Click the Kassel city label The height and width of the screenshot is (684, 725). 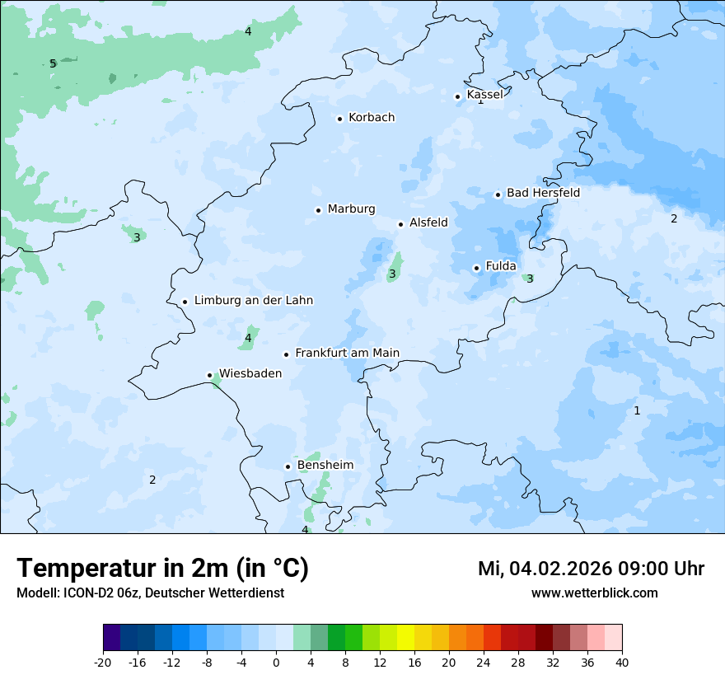click(x=484, y=95)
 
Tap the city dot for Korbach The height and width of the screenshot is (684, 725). click(x=339, y=119)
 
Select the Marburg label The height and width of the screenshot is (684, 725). click(x=351, y=209)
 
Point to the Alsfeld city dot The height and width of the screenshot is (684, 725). click(x=400, y=224)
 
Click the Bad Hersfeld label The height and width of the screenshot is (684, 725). click(x=543, y=193)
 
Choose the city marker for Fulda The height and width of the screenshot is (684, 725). click(x=476, y=268)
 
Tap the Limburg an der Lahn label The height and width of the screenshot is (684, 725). click(x=253, y=301)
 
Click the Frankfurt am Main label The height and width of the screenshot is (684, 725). click(x=347, y=353)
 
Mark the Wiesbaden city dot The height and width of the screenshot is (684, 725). click(x=210, y=376)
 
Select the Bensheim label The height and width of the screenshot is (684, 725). click(x=325, y=466)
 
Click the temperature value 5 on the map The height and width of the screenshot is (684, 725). click(x=53, y=63)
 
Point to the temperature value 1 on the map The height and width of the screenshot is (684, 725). click(x=637, y=410)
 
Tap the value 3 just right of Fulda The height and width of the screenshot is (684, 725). click(x=530, y=279)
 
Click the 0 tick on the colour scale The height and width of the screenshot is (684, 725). click(x=276, y=662)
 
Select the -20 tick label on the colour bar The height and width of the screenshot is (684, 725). click(x=103, y=662)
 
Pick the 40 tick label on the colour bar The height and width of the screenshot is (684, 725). click(x=622, y=662)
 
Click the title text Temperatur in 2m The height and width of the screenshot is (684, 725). click(x=162, y=569)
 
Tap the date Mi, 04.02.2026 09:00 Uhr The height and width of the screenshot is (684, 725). click(x=591, y=569)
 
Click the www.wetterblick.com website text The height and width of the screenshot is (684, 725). click(x=594, y=593)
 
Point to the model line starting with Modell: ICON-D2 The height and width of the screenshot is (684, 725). click(x=150, y=593)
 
